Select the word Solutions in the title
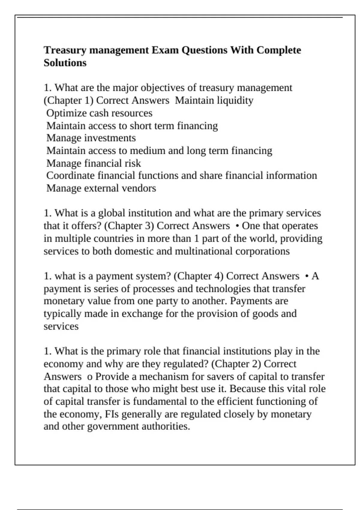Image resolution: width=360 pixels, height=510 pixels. (65, 63)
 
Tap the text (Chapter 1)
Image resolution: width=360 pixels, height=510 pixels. (68, 100)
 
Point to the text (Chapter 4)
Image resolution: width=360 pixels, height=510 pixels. (198, 276)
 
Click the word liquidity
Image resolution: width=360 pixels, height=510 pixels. (235, 100)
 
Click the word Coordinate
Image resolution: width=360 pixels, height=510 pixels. (70, 175)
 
